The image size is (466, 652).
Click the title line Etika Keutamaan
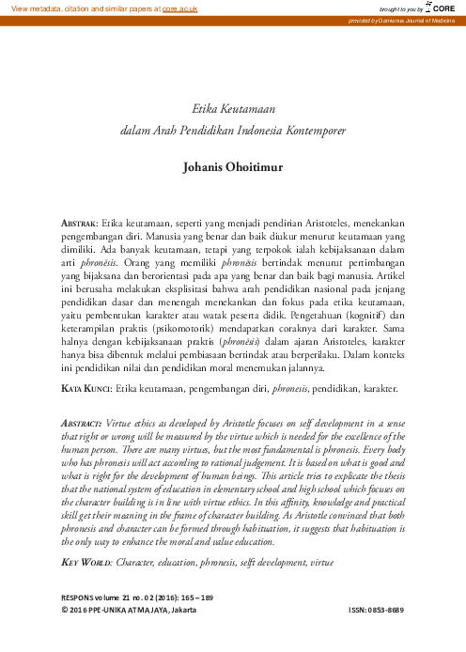pos(231,109)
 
